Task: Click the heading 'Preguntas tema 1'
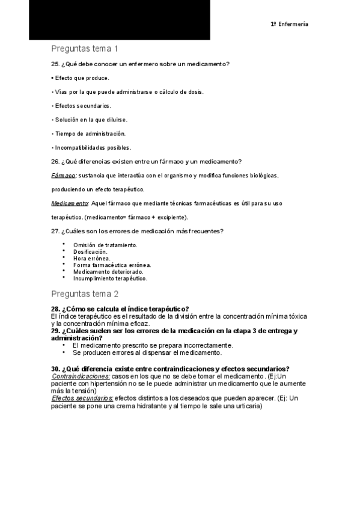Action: pyautogui.click(x=84, y=49)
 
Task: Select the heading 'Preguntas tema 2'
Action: pyautogui.click(x=85, y=294)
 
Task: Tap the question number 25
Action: pyautogui.click(x=55, y=64)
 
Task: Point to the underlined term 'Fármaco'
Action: pyautogui.click(x=63, y=176)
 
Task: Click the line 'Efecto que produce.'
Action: pyautogui.click(x=82, y=78)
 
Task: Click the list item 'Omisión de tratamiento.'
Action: pyautogui.click(x=105, y=245)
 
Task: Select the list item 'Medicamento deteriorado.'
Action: pyautogui.click(x=108, y=272)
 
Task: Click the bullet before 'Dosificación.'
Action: pyautogui.click(x=64, y=251)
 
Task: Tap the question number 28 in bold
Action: pyautogui.click(x=55, y=309)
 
